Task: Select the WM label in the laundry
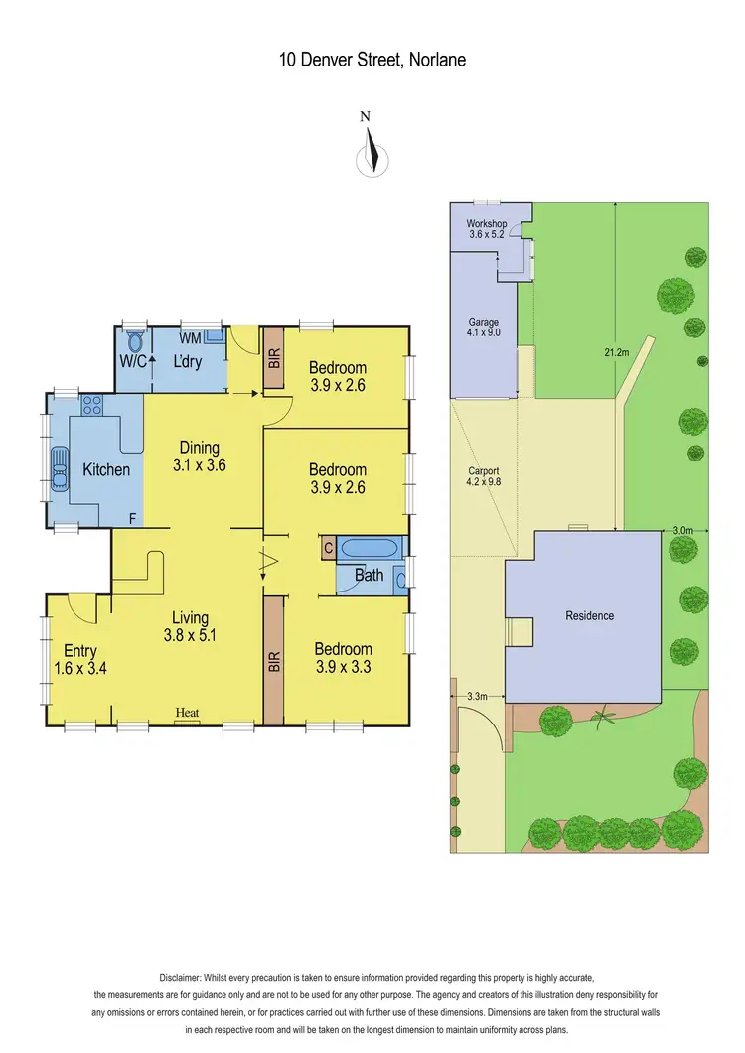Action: pyautogui.click(x=190, y=338)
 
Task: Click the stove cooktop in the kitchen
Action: pyautogui.click(x=93, y=405)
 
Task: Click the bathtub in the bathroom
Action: pyautogui.click(x=370, y=548)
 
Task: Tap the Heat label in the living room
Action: pyautogui.click(x=187, y=713)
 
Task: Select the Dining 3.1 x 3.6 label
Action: pyautogui.click(x=199, y=456)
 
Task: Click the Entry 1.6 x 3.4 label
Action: pyautogui.click(x=80, y=660)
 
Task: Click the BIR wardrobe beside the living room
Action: pyautogui.click(x=274, y=661)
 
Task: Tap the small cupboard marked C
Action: pyautogui.click(x=328, y=547)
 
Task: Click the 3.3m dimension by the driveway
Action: pyautogui.click(x=477, y=697)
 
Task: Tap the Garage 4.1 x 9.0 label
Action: pyautogui.click(x=484, y=329)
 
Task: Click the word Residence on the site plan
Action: pyautogui.click(x=589, y=615)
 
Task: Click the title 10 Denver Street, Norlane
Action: pyautogui.click(x=372, y=60)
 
